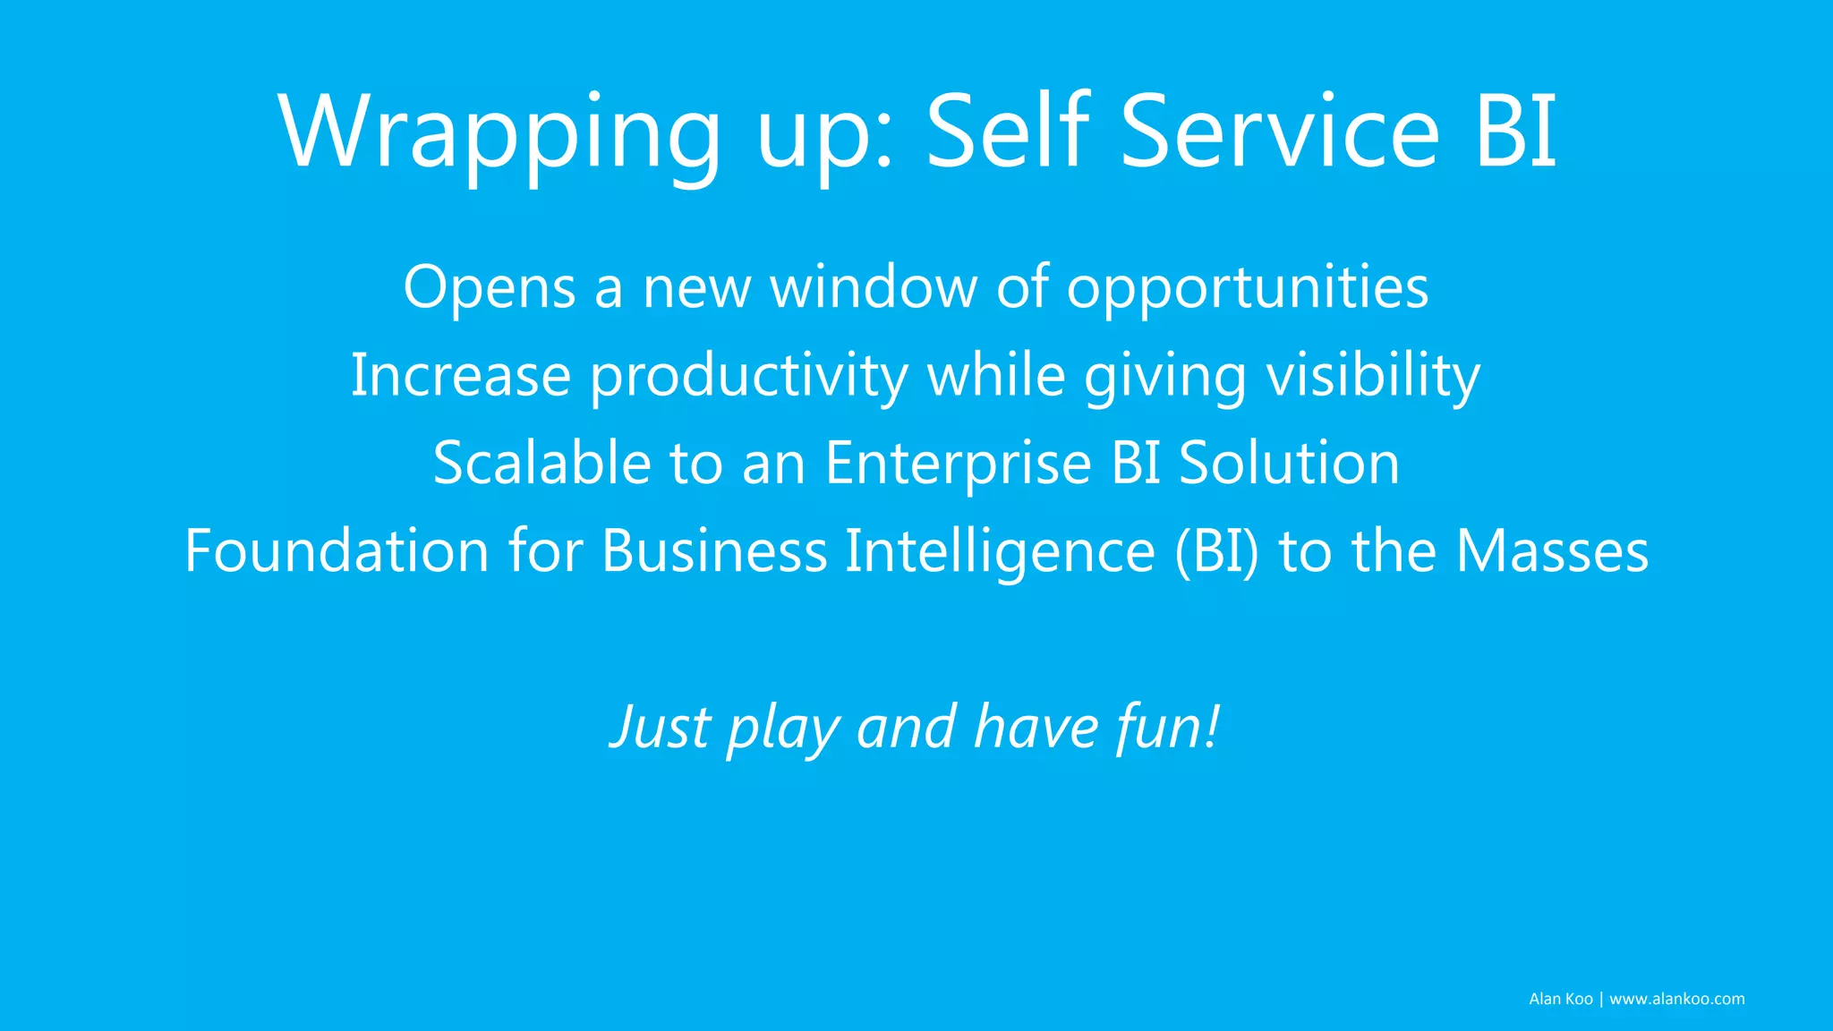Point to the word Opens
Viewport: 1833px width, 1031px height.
click(x=489, y=288)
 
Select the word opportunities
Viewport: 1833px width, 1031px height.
click(x=1247, y=288)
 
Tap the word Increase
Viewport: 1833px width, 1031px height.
click(x=460, y=375)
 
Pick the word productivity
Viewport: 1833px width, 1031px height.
click(x=748, y=377)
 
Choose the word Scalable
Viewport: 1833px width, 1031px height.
click(x=541, y=463)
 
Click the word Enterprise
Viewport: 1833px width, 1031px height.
click(x=958, y=463)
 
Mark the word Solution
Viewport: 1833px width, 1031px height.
click(x=1289, y=463)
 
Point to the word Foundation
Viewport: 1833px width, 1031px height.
click(x=337, y=550)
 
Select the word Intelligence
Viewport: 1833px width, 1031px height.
click(x=1000, y=551)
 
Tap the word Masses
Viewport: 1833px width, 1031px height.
click(x=1552, y=550)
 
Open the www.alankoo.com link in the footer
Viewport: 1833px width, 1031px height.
click(x=1676, y=999)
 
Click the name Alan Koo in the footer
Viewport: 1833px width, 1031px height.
click(x=1560, y=999)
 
